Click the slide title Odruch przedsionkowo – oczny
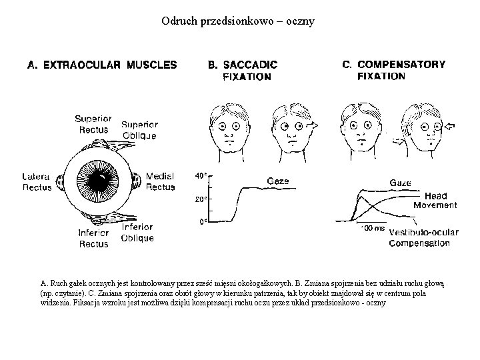pyautogui.click(x=238, y=21)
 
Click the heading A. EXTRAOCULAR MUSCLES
pyautogui.click(x=101, y=65)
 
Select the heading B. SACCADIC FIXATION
pyautogui.click(x=243, y=70)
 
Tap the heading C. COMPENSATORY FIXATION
pyautogui.click(x=393, y=70)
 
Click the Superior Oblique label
pyautogui.click(x=139, y=129)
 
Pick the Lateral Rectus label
pyautogui.click(x=37, y=182)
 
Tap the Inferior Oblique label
pyautogui.click(x=137, y=233)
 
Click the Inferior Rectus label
pyautogui.click(x=93, y=239)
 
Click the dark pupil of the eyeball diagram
pyautogui.click(x=99, y=180)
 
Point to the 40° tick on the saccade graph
pyautogui.click(x=199, y=176)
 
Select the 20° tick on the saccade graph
pyautogui.click(x=199, y=199)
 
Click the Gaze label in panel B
pyautogui.click(x=278, y=180)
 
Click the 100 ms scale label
pyautogui.click(x=372, y=228)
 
